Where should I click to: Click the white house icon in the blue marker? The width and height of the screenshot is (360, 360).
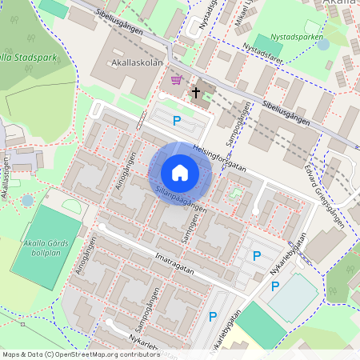(179, 172)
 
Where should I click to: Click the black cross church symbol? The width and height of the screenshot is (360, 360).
(195, 93)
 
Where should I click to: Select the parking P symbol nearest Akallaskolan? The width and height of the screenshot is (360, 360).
(177, 121)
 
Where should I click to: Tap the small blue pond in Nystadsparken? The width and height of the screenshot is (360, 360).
(323, 45)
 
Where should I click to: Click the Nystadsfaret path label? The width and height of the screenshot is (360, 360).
(264, 53)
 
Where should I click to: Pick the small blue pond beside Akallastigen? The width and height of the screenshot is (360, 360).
(28, 199)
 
